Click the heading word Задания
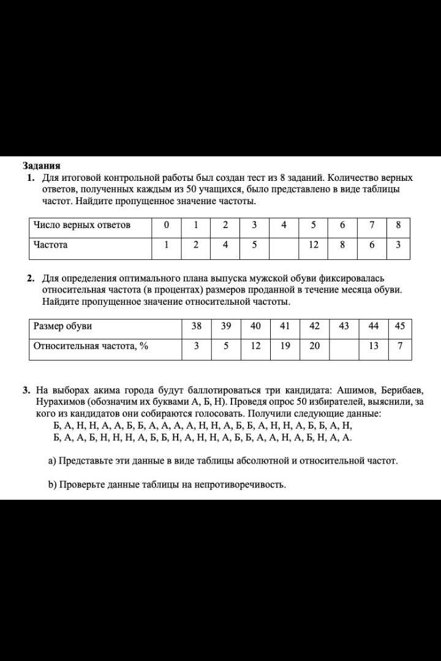coord(42,166)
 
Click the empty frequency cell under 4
coord(284,245)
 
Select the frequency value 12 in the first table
coord(314,245)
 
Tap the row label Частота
coord(51,245)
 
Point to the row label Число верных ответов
coord(82,225)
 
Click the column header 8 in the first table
coord(398,225)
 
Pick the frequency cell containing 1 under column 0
coord(166,245)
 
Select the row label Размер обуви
coord(62,326)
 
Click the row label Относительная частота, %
coord(91,346)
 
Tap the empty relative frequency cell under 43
coord(344,346)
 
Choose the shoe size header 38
coord(197,326)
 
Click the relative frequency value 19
coord(285,346)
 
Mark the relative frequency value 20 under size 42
coord(314,346)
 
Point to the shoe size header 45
coord(400,326)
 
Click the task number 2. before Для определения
coord(31,278)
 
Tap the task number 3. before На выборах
coord(26,391)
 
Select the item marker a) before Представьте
coord(52,460)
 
